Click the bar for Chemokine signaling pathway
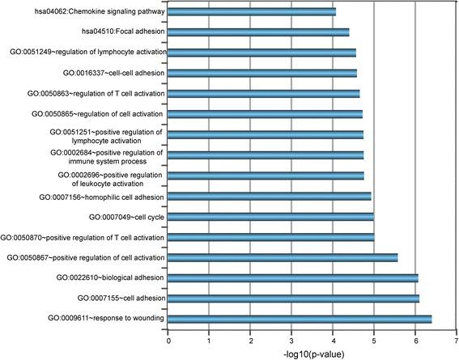[252, 11]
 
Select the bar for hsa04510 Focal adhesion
[258, 32]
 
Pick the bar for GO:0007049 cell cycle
[270, 216]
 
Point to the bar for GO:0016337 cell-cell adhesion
[262, 73]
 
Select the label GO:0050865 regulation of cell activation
[104, 113]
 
